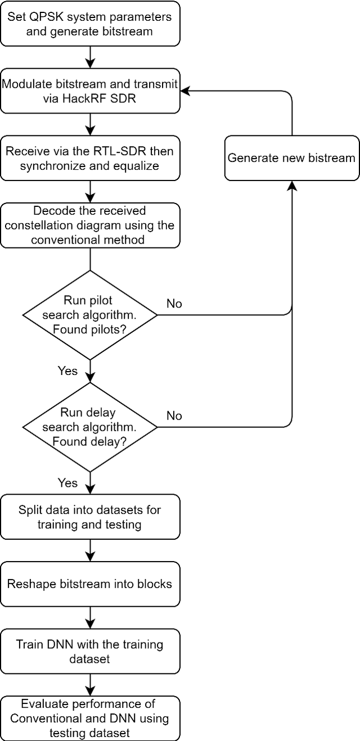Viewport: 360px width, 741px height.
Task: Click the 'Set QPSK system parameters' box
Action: click(90, 23)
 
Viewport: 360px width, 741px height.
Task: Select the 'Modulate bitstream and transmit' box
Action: click(90, 91)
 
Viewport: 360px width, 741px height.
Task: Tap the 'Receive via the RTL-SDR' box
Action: click(90, 158)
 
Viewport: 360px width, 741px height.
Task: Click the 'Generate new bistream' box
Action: click(291, 158)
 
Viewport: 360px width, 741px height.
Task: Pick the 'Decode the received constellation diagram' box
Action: click(90, 225)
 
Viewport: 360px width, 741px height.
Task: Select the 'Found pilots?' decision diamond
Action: click(90, 315)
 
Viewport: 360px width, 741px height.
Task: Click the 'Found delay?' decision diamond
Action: click(90, 427)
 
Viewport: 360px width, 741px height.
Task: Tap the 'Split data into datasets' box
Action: click(90, 517)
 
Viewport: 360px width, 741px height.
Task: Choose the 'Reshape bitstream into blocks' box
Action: click(90, 584)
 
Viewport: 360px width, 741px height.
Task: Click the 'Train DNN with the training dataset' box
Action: click(90, 651)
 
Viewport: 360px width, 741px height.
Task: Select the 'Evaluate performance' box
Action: click(90, 718)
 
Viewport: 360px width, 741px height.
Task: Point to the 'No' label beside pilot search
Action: click(174, 304)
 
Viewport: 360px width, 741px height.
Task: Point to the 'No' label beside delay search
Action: click(174, 415)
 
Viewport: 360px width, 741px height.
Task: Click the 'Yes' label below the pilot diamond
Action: click(67, 371)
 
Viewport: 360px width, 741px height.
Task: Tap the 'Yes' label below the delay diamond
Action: click(67, 483)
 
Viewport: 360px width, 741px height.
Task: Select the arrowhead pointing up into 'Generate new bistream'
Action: click(291, 186)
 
